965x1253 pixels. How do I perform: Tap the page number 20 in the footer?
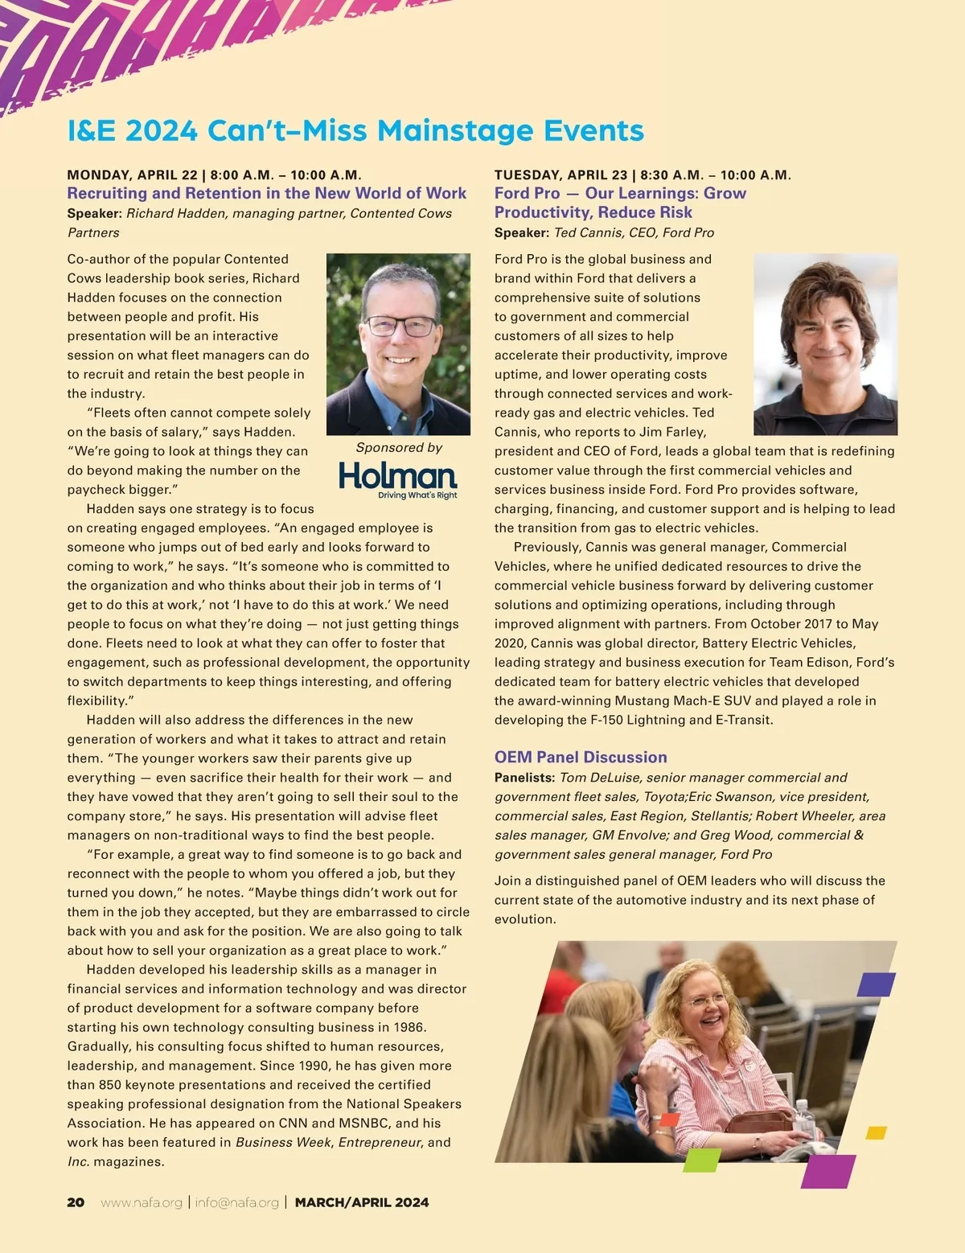[76, 1202]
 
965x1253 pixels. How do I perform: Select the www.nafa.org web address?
[142, 1202]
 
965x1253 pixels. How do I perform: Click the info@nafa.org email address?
[236, 1202]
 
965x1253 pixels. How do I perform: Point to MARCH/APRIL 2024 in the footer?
[362, 1202]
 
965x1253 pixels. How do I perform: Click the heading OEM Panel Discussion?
[581, 757]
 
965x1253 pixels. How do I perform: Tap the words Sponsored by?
[399, 447]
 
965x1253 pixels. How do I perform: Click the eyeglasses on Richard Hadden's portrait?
[400, 327]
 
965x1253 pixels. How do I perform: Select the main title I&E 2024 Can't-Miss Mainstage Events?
[355, 130]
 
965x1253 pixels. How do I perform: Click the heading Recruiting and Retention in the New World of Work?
[266, 193]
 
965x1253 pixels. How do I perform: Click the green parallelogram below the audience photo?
[701, 1161]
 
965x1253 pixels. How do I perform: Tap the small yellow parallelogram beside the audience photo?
[876, 1132]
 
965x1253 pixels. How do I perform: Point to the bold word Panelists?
[524, 778]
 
